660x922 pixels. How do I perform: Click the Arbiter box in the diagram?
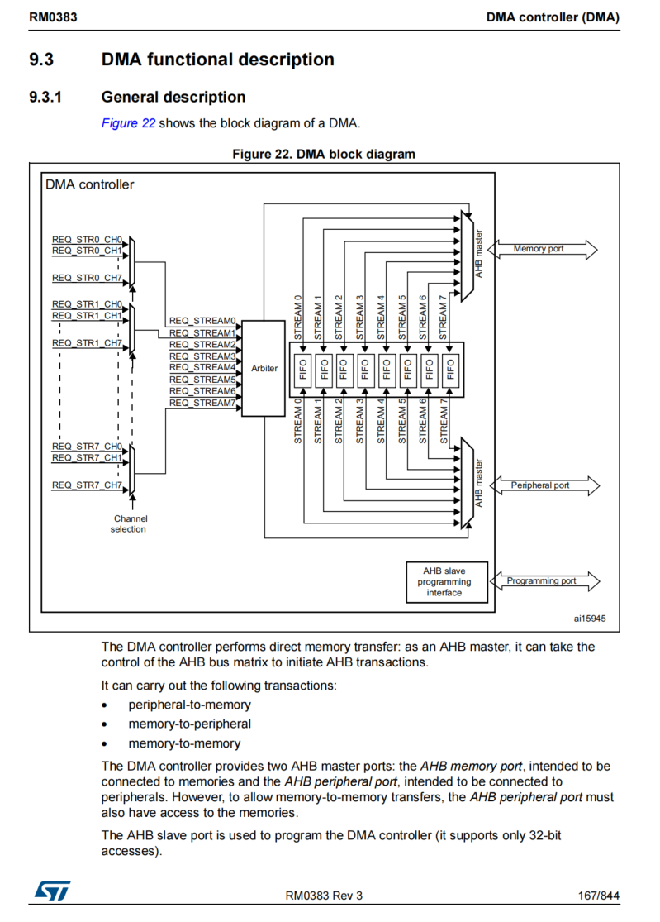264,368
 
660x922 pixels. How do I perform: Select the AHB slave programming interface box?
444,581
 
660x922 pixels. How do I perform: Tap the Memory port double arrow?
543,249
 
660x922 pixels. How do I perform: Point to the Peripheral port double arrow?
543,485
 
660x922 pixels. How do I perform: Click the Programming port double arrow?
543,581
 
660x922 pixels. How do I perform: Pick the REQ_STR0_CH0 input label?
87,239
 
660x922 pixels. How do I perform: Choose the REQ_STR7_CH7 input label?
87,485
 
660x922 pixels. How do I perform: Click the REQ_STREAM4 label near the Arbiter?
202,367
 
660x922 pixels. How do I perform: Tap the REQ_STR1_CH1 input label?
87,315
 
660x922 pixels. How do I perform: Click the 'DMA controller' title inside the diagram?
89,184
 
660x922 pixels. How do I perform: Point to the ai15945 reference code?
590,618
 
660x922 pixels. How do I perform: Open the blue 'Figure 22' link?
128,123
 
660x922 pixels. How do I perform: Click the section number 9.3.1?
46,97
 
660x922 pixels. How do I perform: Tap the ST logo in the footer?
51,891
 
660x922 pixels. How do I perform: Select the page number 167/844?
598,896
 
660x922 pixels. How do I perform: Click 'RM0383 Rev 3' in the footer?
324,896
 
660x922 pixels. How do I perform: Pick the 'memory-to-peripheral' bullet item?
189,724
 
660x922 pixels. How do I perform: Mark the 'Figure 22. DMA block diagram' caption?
324,154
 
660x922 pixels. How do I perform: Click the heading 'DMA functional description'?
217,60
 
